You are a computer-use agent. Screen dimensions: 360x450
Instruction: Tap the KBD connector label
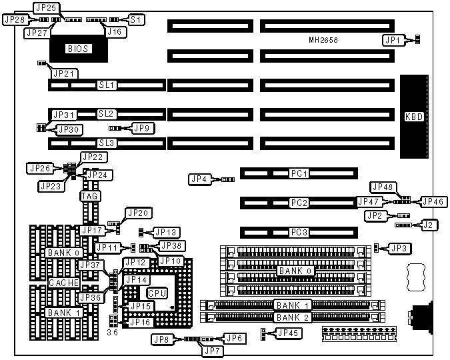[413, 117]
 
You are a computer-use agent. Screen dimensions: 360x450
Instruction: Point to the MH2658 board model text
[323, 41]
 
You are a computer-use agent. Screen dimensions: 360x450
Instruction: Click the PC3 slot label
[298, 232]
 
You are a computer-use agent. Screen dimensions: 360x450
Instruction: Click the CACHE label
[64, 283]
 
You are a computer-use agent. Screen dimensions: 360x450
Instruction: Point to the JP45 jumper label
[288, 333]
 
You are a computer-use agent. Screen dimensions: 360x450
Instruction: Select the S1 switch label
[135, 20]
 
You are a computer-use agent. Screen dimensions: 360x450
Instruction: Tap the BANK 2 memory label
[293, 317]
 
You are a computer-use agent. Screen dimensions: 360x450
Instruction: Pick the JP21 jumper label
[65, 73]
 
